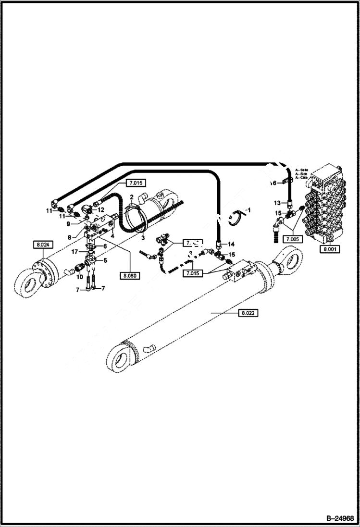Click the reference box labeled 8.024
click(x=42, y=245)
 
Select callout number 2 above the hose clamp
click(x=131, y=197)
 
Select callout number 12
click(x=101, y=210)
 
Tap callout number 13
click(x=277, y=203)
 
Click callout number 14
click(x=231, y=245)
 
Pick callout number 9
click(x=68, y=224)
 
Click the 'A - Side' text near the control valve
click(x=302, y=173)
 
